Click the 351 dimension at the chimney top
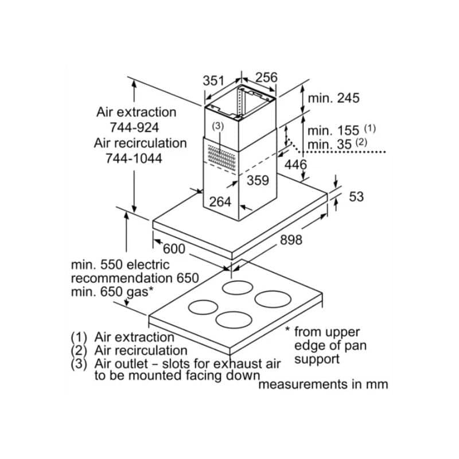tap(213, 81)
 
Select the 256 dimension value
tap(266, 77)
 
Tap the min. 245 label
tap(333, 98)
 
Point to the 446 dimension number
tap(296, 165)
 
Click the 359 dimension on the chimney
tap(258, 180)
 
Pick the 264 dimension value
tap(220, 201)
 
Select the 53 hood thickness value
tap(356, 197)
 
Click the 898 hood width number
tap(291, 240)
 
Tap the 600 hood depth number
tap(174, 249)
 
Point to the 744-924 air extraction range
tap(135, 127)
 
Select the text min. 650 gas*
tap(112, 292)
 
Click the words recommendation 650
tap(135, 278)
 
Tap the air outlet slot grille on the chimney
tap(220, 156)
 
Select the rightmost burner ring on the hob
tap(273, 298)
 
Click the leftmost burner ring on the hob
tap(204, 308)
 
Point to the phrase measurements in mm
tap(323, 384)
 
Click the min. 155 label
tap(333, 130)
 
